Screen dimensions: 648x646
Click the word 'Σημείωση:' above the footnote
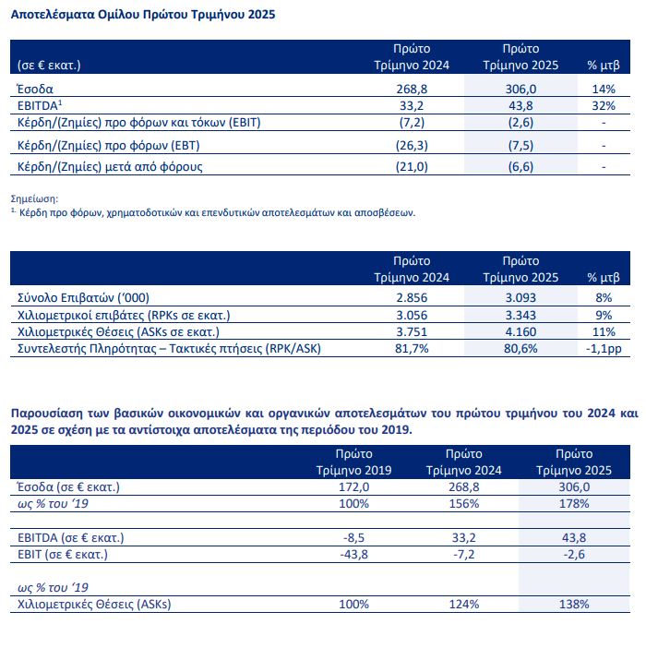point(34,198)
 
